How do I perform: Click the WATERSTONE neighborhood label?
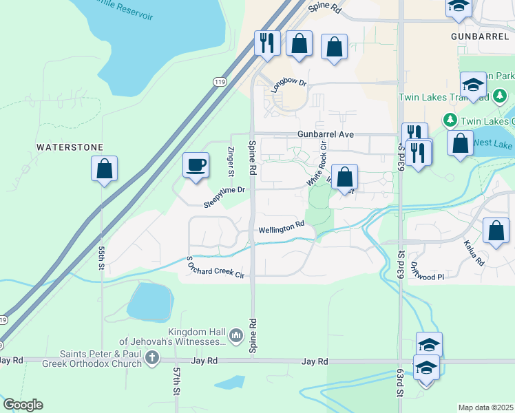click(70, 147)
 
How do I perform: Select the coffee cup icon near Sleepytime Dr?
click(196, 165)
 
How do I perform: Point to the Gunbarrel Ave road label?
click(326, 134)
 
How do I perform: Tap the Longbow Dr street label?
click(292, 82)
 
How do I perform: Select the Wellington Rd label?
click(281, 226)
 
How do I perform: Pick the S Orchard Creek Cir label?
click(216, 268)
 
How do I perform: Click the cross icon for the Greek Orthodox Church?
click(152, 358)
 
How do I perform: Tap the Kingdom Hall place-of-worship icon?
click(236, 335)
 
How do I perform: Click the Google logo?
click(23, 405)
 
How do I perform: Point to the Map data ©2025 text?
click(485, 407)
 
